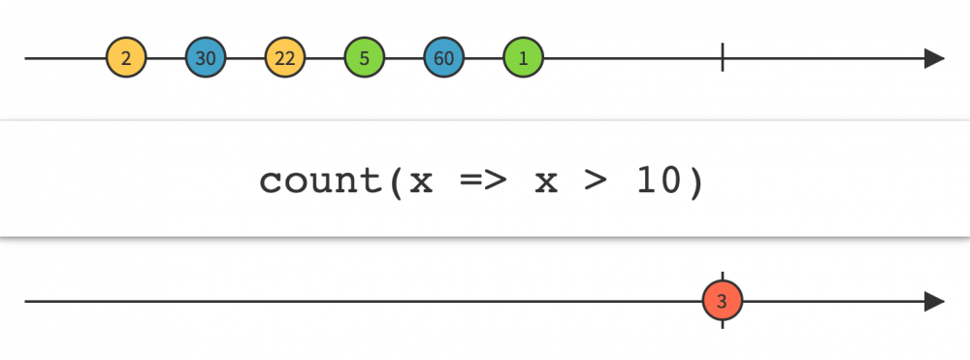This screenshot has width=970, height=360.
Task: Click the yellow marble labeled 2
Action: point(126,58)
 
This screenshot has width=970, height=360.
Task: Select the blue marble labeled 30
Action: point(206,58)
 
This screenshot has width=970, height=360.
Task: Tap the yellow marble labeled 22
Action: point(285,58)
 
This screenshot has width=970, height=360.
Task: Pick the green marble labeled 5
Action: point(365,58)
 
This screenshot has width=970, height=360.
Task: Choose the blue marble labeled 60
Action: point(444,58)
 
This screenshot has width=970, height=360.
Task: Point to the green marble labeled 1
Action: point(524,58)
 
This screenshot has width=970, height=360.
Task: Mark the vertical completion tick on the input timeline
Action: point(723,58)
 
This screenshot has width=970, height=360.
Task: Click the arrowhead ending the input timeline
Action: point(934,58)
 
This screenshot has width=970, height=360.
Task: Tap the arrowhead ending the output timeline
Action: point(934,301)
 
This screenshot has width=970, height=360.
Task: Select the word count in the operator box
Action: point(321,181)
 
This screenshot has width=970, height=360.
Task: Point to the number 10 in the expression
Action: point(658,181)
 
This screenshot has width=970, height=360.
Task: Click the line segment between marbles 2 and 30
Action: point(166,58)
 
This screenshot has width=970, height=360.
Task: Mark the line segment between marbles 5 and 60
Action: point(404,58)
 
